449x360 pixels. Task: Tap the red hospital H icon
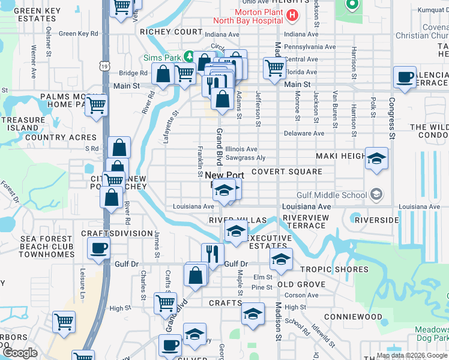click(292, 15)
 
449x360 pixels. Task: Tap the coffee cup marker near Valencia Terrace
click(405, 77)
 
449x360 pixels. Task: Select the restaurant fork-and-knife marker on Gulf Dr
click(212, 254)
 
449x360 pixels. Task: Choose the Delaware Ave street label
click(304, 133)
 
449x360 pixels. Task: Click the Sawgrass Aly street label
click(244, 158)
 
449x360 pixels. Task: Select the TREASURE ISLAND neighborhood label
click(22, 124)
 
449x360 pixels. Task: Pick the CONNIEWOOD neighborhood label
click(353, 316)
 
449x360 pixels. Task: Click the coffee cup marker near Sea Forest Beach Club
click(99, 248)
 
